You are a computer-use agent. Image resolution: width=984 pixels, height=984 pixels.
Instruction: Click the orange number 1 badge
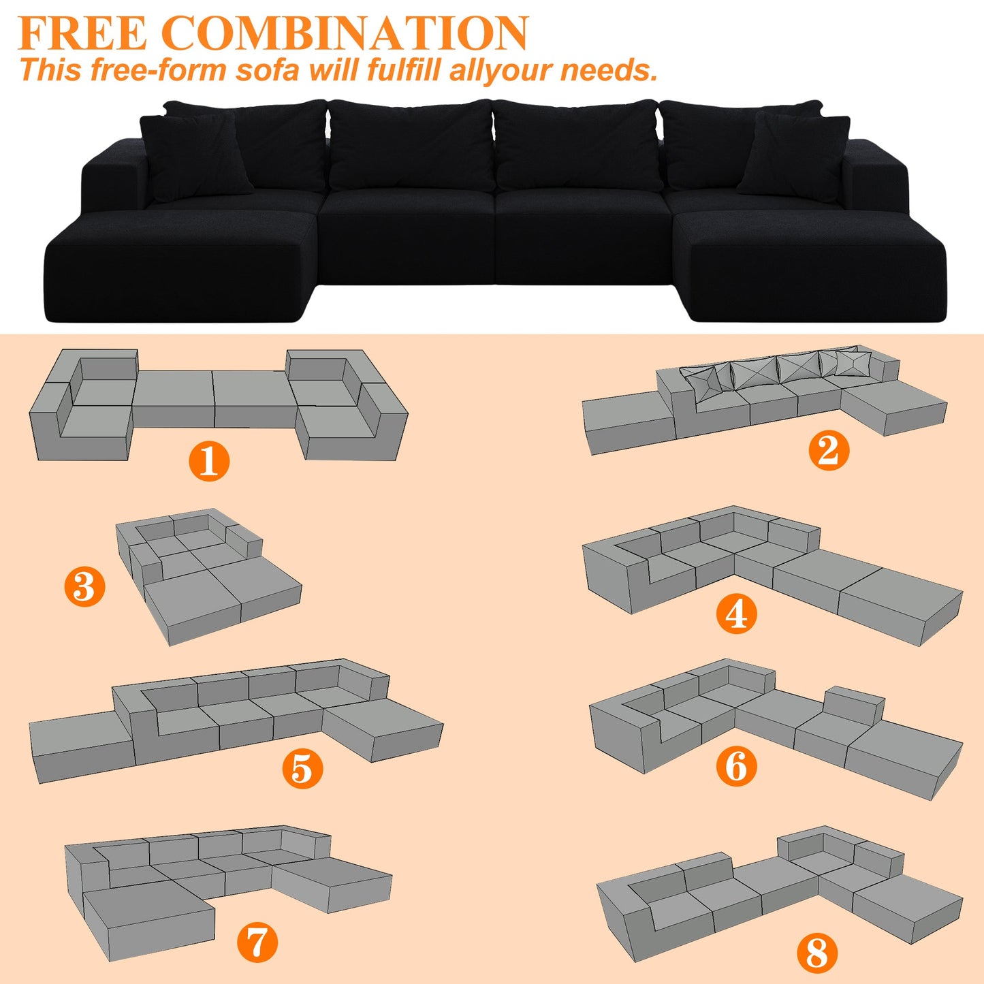coord(208,460)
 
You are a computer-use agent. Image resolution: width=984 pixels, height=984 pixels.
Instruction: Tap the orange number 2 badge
coord(829,450)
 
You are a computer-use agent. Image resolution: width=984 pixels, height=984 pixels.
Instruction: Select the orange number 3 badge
coord(84,586)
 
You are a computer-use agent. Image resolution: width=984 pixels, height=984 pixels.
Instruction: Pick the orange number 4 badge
coord(736,614)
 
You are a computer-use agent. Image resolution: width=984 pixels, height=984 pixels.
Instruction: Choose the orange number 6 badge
coord(736,766)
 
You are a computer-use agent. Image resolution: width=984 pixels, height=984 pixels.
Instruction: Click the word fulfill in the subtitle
coord(404,70)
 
